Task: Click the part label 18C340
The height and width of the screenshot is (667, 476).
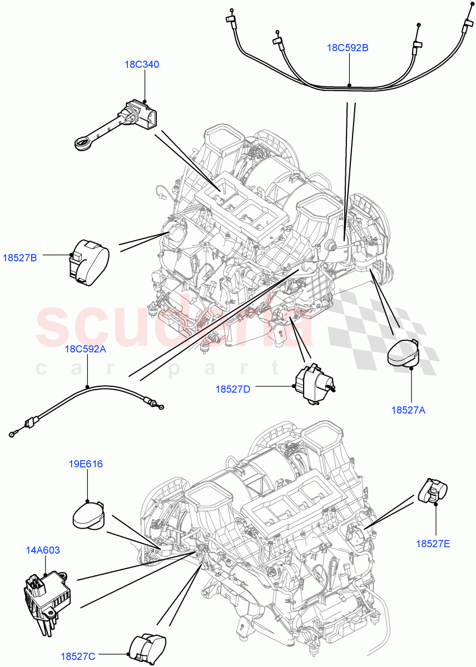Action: click(x=141, y=64)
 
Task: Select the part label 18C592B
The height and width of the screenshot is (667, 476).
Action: click(x=347, y=48)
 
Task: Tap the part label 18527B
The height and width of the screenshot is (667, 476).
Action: click(x=19, y=258)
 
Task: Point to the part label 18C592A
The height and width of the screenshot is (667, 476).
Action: click(x=85, y=349)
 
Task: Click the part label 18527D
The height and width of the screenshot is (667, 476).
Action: click(x=233, y=389)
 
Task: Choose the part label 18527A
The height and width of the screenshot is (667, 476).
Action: click(x=408, y=410)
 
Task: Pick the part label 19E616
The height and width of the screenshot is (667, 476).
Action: click(x=86, y=464)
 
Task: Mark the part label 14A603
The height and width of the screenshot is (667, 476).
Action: click(x=42, y=550)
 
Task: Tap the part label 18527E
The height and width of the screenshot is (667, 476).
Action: click(x=433, y=543)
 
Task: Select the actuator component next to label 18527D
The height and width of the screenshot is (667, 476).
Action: click(x=313, y=384)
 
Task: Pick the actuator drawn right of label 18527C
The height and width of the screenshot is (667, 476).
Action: click(x=148, y=649)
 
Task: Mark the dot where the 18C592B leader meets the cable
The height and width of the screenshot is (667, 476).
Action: click(x=349, y=86)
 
